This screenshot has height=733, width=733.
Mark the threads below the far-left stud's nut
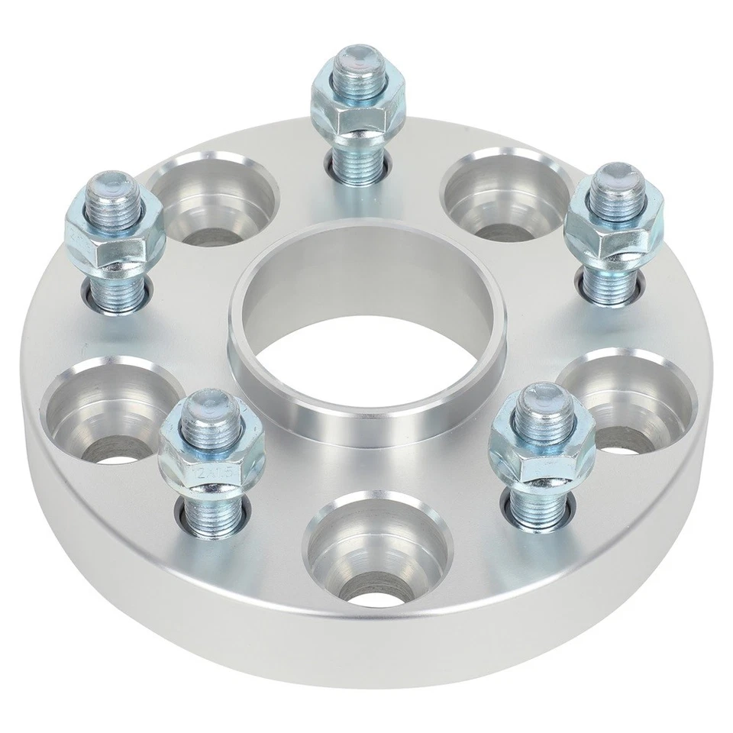[116, 289]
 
